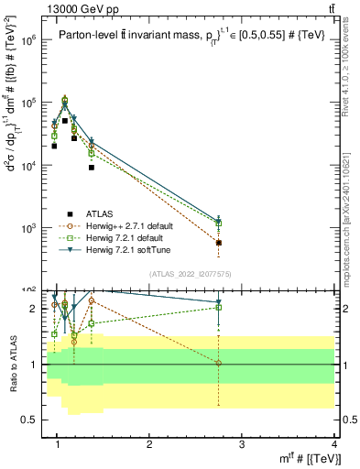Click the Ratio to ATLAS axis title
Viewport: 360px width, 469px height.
(12, 363)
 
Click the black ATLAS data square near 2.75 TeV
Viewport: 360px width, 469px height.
(218, 243)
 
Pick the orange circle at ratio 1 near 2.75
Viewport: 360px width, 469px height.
(218, 363)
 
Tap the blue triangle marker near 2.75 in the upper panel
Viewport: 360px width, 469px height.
(218, 222)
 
